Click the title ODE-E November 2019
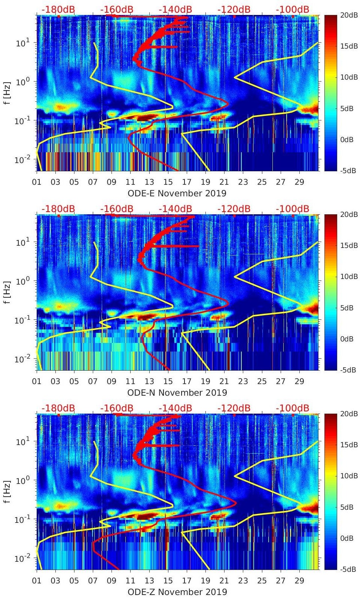(177, 193)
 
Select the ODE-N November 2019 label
(177, 392)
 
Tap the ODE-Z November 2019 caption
(177, 592)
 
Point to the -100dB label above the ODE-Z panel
(292, 408)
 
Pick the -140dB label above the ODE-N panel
(175, 209)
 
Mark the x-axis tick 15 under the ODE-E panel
(168, 182)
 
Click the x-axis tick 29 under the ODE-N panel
(299, 381)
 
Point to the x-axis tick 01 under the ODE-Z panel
(37, 581)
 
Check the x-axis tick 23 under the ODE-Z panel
(243, 581)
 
